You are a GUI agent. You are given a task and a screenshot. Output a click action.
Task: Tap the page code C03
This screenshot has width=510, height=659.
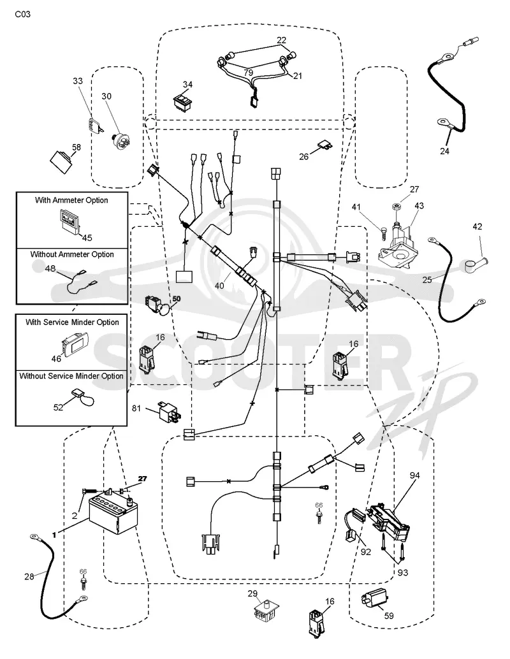pyautogui.click(x=23, y=14)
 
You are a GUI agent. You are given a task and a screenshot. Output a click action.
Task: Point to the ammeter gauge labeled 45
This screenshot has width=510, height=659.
pyautogui.click(x=69, y=221)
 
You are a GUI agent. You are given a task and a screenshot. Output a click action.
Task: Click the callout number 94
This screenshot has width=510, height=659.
pyautogui.click(x=414, y=475)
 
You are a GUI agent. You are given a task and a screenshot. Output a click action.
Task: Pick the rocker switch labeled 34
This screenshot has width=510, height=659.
pyautogui.click(x=184, y=102)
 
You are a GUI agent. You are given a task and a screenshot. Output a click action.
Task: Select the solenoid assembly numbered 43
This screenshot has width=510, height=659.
pyautogui.click(x=398, y=245)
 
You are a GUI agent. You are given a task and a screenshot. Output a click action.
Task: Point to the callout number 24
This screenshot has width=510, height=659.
pyautogui.click(x=444, y=151)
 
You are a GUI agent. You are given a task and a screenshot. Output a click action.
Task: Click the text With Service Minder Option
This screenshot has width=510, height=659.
pyautogui.click(x=72, y=322)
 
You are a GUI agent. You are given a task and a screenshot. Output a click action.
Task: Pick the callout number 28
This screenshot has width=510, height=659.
pyautogui.click(x=29, y=577)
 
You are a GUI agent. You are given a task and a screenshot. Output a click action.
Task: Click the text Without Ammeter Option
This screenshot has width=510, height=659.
pyautogui.click(x=72, y=254)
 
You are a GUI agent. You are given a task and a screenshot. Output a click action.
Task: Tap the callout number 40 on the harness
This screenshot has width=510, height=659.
pyautogui.click(x=219, y=286)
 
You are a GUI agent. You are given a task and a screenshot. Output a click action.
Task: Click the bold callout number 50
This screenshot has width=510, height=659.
pyautogui.click(x=176, y=299)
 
